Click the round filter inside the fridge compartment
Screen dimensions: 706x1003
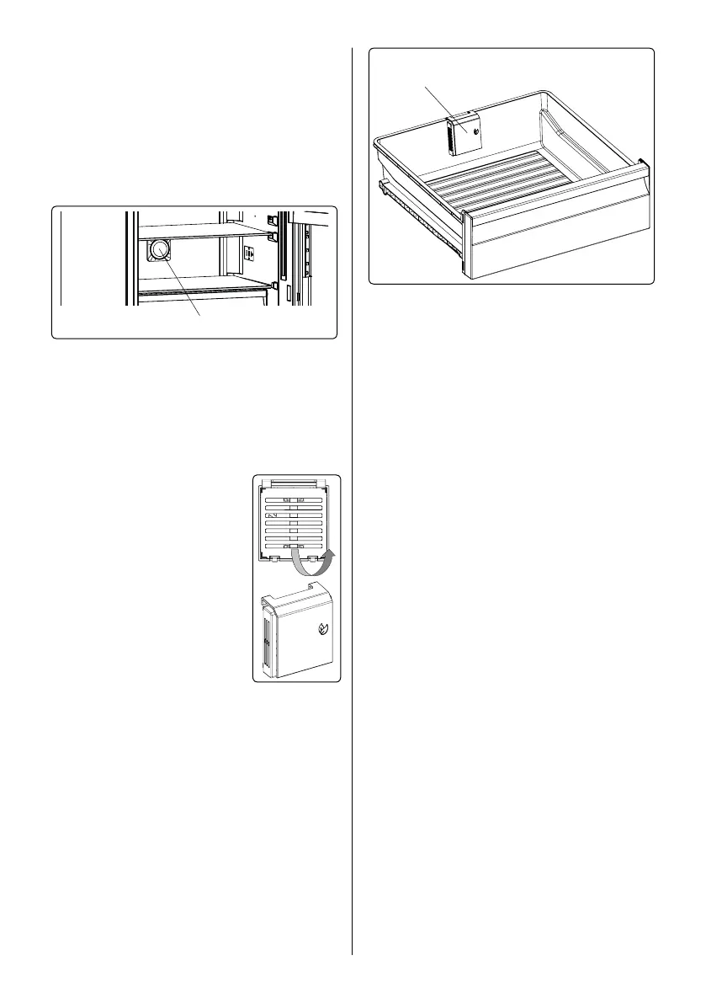pos(158,250)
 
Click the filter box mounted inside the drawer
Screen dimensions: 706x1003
pos(462,136)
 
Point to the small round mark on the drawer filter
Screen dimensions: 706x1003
pos(475,132)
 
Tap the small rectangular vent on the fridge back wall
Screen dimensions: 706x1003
pos(249,253)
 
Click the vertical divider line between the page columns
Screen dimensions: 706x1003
pos(352,505)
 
